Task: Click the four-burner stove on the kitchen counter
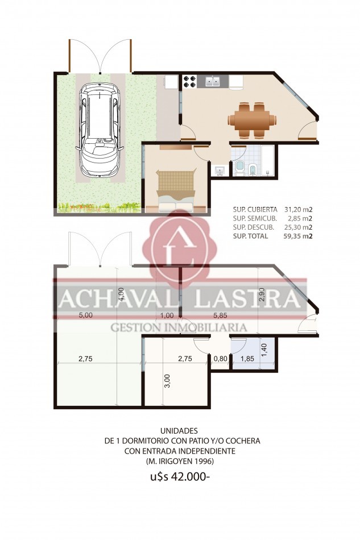coord(189,82)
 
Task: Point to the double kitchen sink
coord(213,82)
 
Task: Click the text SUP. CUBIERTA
coord(255,210)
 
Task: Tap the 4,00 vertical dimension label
coord(121,294)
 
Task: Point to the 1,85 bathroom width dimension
coord(247,359)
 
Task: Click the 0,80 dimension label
coord(220,359)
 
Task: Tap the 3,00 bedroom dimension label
coord(166,381)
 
